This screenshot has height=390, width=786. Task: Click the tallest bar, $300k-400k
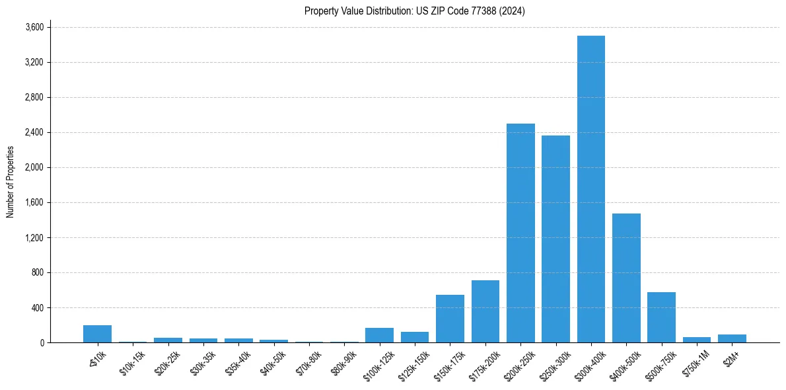[590, 189]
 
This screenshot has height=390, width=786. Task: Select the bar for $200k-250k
[520, 233]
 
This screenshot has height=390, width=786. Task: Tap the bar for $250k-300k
[555, 239]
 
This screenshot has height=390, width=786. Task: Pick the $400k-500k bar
[626, 278]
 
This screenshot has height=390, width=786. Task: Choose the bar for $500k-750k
[661, 317]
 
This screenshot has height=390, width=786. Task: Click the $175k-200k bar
[485, 311]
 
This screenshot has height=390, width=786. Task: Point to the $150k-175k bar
[450, 319]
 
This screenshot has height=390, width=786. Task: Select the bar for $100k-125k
[379, 335]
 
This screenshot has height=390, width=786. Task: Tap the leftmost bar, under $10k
[97, 334]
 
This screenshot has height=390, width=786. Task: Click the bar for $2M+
[732, 338]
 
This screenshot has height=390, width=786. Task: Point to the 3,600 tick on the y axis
[34, 27]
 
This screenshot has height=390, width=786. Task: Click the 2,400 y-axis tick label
[34, 132]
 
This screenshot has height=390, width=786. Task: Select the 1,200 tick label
[34, 237]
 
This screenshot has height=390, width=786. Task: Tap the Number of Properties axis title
[10, 181]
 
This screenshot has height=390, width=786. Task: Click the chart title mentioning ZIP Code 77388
[414, 11]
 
